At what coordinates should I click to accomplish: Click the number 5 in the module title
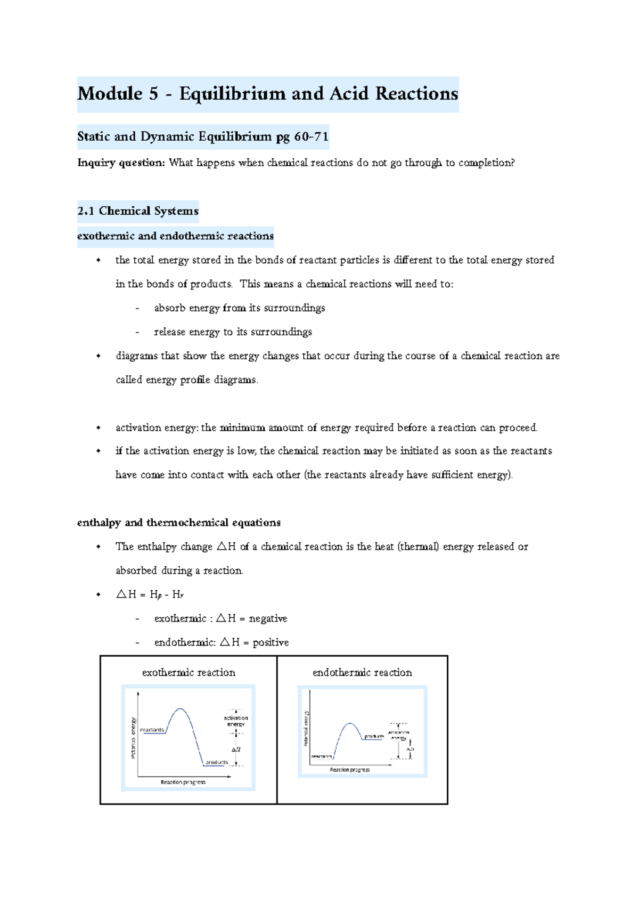click(x=153, y=94)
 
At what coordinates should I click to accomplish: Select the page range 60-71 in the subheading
click(x=311, y=136)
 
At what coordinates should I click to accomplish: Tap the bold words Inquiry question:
click(x=121, y=163)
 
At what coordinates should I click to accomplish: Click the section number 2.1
click(x=85, y=211)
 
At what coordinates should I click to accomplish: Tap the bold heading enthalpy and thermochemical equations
click(x=178, y=522)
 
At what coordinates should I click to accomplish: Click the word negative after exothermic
click(x=268, y=618)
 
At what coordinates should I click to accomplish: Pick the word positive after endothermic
click(x=271, y=642)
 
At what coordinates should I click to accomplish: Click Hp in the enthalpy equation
click(x=155, y=594)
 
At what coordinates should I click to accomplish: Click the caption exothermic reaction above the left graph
click(x=189, y=673)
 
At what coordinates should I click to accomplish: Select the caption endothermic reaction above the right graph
click(x=362, y=673)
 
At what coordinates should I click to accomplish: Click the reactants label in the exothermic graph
click(x=152, y=730)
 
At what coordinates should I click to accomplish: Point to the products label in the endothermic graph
click(x=374, y=736)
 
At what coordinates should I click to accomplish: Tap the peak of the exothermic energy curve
click(x=181, y=709)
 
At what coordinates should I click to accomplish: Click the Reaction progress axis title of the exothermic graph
click(x=183, y=782)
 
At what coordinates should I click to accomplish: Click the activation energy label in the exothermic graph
click(x=236, y=721)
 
